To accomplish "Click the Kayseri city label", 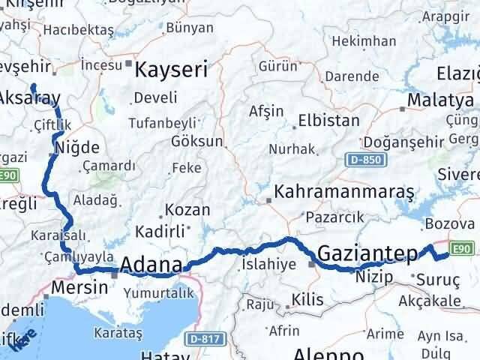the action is tap(171, 70).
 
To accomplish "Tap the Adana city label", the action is tap(151, 265).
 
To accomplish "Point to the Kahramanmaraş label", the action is tap(344, 192).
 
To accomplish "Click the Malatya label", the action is tap(441, 100).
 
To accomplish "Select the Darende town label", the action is tap(352, 76).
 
